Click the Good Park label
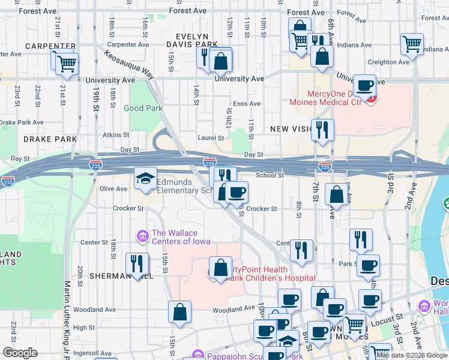(143, 109)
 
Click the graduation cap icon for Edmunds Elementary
(145, 178)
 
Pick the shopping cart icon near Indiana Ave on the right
(412, 44)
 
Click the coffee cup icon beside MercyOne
(364, 86)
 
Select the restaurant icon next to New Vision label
(322, 129)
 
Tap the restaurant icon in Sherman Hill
(137, 264)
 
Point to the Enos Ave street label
(246, 104)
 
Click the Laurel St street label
(211, 137)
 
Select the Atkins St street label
(116, 135)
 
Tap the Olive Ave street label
(113, 188)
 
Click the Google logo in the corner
(20, 353)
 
